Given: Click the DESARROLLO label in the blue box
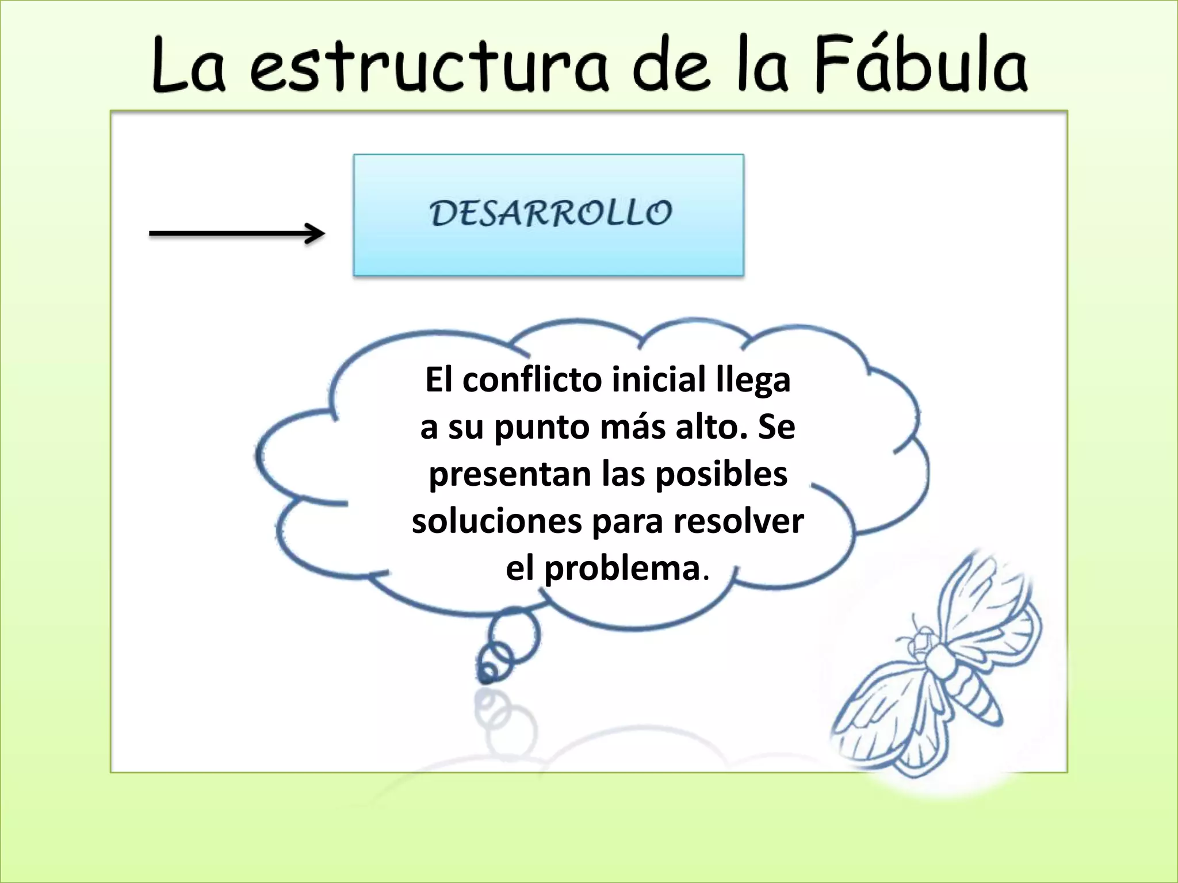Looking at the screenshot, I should coord(550,213).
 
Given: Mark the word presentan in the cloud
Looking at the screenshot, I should coord(510,475).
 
